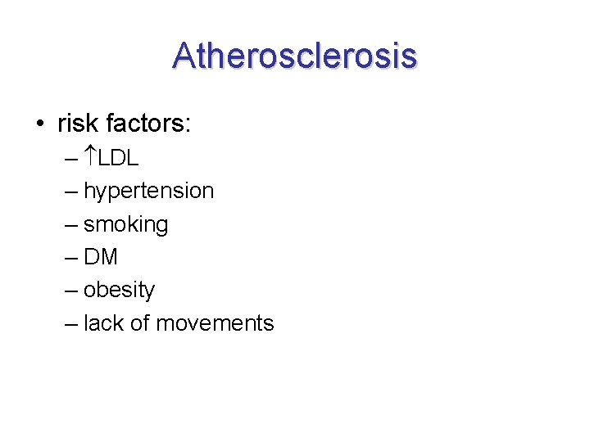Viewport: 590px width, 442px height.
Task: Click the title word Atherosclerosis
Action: pyautogui.click(x=295, y=56)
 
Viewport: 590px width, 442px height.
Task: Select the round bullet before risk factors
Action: pyautogui.click(x=39, y=124)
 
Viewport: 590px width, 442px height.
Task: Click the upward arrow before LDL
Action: pyautogui.click(x=90, y=157)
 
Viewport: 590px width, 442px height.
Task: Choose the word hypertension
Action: pyautogui.click(x=148, y=192)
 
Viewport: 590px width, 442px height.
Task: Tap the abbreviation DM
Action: pyautogui.click(x=101, y=257)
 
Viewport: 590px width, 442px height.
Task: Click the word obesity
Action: pyautogui.click(x=119, y=291)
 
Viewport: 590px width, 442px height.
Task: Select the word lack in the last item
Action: pyautogui.click(x=102, y=323)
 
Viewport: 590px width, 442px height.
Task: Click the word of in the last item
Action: pyautogui.click(x=139, y=323)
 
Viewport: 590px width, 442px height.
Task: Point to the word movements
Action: pyautogui.click(x=215, y=323)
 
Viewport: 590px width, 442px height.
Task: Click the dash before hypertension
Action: pyautogui.click(x=70, y=192)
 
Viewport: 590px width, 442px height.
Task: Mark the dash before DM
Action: pyautogui.click(x=70, y=258)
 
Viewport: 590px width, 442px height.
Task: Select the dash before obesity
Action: pyautogui.click(x=70, y=291)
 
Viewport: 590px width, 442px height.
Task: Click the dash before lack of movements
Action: pyautogui.click(x=70, y=324)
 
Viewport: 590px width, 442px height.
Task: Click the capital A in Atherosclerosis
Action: pyautogui.click(x=184, y=56)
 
